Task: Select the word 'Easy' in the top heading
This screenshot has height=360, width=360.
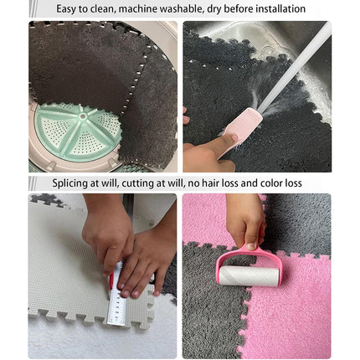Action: point(66,9)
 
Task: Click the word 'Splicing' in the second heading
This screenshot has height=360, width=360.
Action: point(69,183)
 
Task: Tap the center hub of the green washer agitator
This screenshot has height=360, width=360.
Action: point(82,116)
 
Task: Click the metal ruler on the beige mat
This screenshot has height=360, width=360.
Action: point(117,295)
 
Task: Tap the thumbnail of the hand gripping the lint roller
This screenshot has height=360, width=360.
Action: point(252,246)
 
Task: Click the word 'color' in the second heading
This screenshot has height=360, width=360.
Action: point(272,183)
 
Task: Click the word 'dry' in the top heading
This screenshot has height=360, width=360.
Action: point(214,9)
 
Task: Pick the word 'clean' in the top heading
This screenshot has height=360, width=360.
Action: point(104,9)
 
